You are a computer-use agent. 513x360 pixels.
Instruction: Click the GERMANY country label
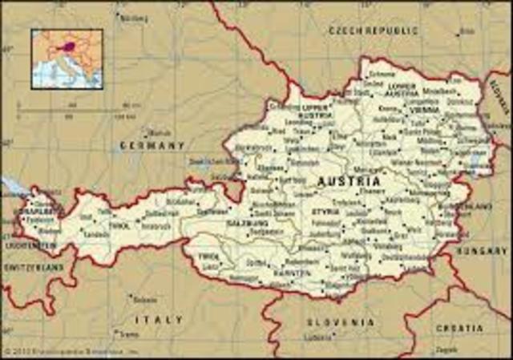(x=152, y=146)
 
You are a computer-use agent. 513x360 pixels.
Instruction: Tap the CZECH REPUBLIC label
(x=374, y=30)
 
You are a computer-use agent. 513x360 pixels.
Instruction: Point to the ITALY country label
(x=159, y=319)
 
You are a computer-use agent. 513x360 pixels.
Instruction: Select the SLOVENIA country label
(x=340, y=322)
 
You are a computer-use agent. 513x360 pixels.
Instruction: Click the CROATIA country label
(x=459, y=328)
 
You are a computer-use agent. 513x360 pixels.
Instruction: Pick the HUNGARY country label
(x=482, y=251)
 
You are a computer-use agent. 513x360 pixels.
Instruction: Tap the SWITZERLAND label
(x=33, y=267)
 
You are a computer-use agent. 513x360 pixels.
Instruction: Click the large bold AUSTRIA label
(x=349, y=181)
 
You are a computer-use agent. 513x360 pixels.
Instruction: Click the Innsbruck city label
(x=156, y=225)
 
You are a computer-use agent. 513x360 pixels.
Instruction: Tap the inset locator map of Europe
(x=67, y=59)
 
